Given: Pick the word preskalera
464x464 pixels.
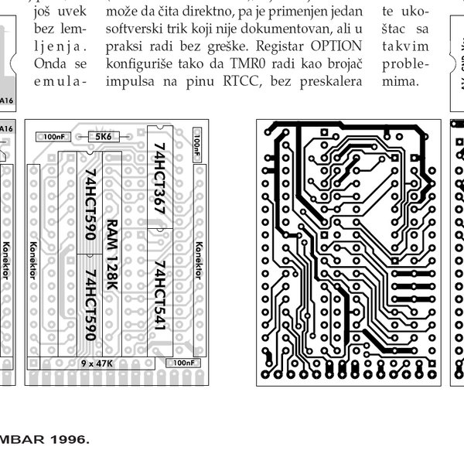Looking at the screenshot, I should tap(326, 94).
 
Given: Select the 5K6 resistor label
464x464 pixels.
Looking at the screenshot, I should tap(103, 136).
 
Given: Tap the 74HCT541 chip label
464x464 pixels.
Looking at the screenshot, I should tap(159, 298).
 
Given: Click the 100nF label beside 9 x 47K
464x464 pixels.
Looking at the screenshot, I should tap(183, 362).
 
